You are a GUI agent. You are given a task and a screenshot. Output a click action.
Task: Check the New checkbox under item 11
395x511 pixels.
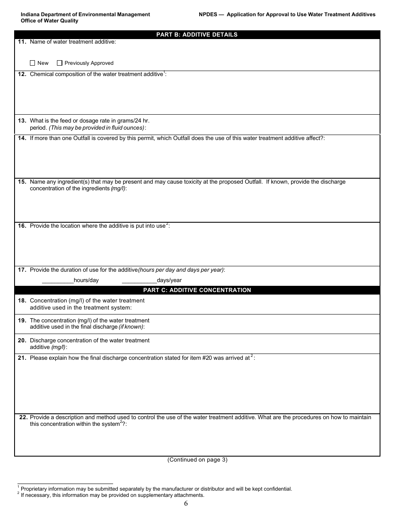click(x=32, y=63)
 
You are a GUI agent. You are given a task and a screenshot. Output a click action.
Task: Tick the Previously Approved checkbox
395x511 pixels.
click(x=59, y=63)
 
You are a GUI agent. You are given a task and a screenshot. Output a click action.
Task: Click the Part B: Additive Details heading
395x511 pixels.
click(x=197, y=34)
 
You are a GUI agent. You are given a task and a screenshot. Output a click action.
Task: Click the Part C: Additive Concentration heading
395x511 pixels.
click(x=197, y=290)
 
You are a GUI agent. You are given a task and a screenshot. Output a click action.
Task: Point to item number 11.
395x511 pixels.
click(x=22, y=42)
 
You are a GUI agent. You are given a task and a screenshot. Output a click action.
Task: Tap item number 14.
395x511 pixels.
click(x=22, y=138)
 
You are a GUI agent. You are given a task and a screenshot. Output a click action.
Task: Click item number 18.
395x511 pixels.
click(x=22, y=300)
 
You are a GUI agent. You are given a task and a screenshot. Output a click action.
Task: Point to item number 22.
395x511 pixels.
click(x=23, y=417)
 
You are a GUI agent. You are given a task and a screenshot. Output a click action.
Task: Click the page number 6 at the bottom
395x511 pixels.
click(x=186, y=504)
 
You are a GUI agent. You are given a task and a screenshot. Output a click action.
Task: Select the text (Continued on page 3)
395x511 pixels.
click(x=197, y=459)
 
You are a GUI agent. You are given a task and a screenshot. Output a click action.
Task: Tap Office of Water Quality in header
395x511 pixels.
click(x=49, y=21)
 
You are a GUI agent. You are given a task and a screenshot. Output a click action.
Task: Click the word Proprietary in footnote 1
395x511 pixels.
click(x=35, y=489)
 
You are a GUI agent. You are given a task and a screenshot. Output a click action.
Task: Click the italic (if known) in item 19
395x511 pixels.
click(x=131, y=327)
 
